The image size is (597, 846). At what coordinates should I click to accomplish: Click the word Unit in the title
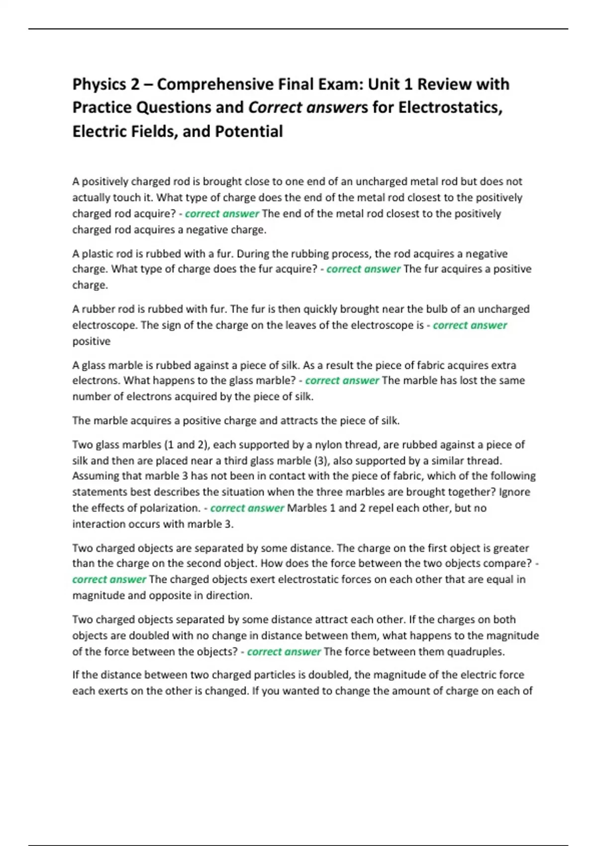tap(383, 85)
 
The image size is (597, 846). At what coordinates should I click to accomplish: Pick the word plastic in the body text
tap(97, 253)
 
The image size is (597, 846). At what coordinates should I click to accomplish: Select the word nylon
tap(321, 444)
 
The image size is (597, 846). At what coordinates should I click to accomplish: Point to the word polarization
tap(168, 508)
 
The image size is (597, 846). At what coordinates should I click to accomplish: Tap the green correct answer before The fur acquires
tap(363, 269)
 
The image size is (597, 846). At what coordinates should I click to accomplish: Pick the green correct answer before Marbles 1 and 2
tap(247, 508)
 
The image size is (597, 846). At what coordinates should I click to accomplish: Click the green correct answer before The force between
tap(284, 651)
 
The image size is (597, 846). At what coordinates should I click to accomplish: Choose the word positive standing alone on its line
tap(92, 341)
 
